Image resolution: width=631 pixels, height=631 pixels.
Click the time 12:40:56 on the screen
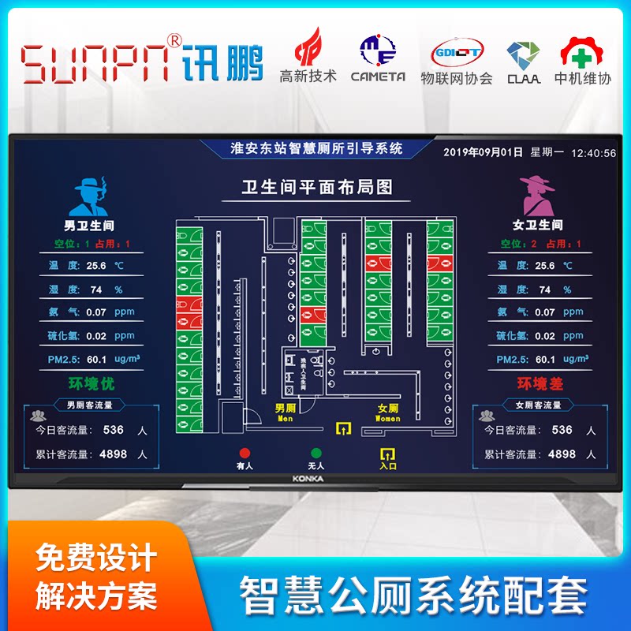593,153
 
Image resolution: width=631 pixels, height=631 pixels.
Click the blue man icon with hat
91,196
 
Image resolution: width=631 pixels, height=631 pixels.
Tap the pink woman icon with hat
537,196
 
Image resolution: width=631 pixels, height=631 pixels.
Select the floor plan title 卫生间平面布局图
316,187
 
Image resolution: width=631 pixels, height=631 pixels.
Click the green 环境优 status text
91,384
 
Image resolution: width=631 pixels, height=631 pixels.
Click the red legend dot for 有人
245,454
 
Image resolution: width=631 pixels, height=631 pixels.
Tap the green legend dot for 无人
316,454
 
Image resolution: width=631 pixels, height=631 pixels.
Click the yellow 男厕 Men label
285,413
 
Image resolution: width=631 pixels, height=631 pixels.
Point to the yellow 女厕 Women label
387,413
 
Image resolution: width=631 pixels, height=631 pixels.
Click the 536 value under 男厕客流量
113,430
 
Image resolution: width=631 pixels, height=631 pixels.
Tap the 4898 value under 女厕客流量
561,454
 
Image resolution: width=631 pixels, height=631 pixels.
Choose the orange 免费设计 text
96,558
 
